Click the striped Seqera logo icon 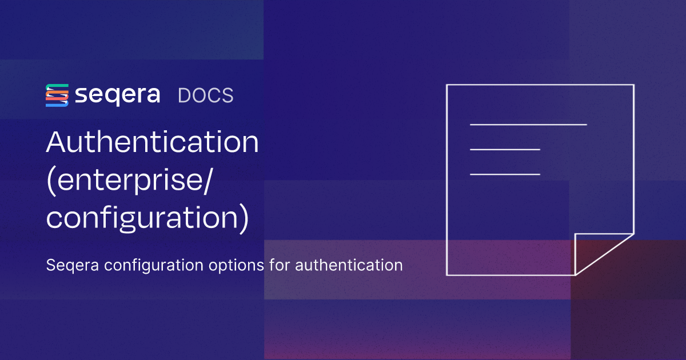57,95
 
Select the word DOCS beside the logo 205,95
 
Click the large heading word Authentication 153,142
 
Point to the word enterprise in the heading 129,182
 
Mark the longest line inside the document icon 528,124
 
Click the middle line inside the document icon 505,149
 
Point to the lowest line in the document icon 505,174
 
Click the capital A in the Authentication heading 57,142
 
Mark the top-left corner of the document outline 446,85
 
